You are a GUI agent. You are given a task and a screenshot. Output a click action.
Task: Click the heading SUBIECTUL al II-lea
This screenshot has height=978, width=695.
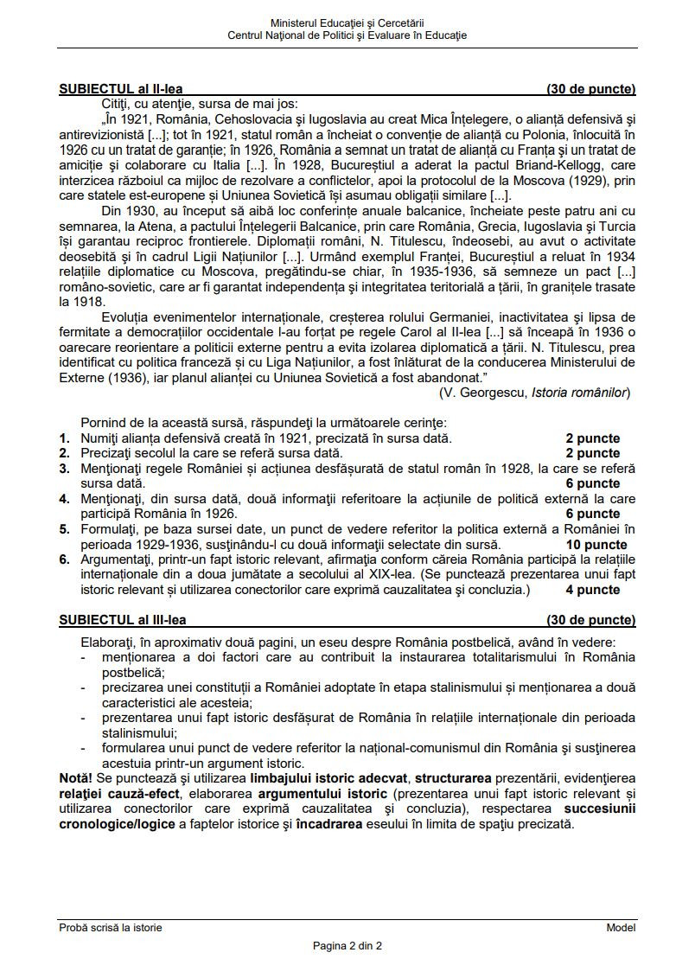[x=120, y=89]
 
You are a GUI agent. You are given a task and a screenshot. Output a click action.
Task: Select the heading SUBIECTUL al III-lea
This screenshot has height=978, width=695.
[x=122, y=620]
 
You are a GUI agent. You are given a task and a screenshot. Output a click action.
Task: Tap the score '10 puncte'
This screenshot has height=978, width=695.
[x=596, y=545]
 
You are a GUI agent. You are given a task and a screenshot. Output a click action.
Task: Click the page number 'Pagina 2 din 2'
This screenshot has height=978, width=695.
[x=347, y=945]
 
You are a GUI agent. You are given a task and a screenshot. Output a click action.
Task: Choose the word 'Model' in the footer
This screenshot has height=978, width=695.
[x=621, y=927]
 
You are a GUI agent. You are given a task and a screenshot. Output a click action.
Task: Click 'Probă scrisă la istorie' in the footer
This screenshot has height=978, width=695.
[x=111, y=927]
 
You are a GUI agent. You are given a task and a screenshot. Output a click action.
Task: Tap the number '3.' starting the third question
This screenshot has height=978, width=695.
[x=65, y=469]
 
